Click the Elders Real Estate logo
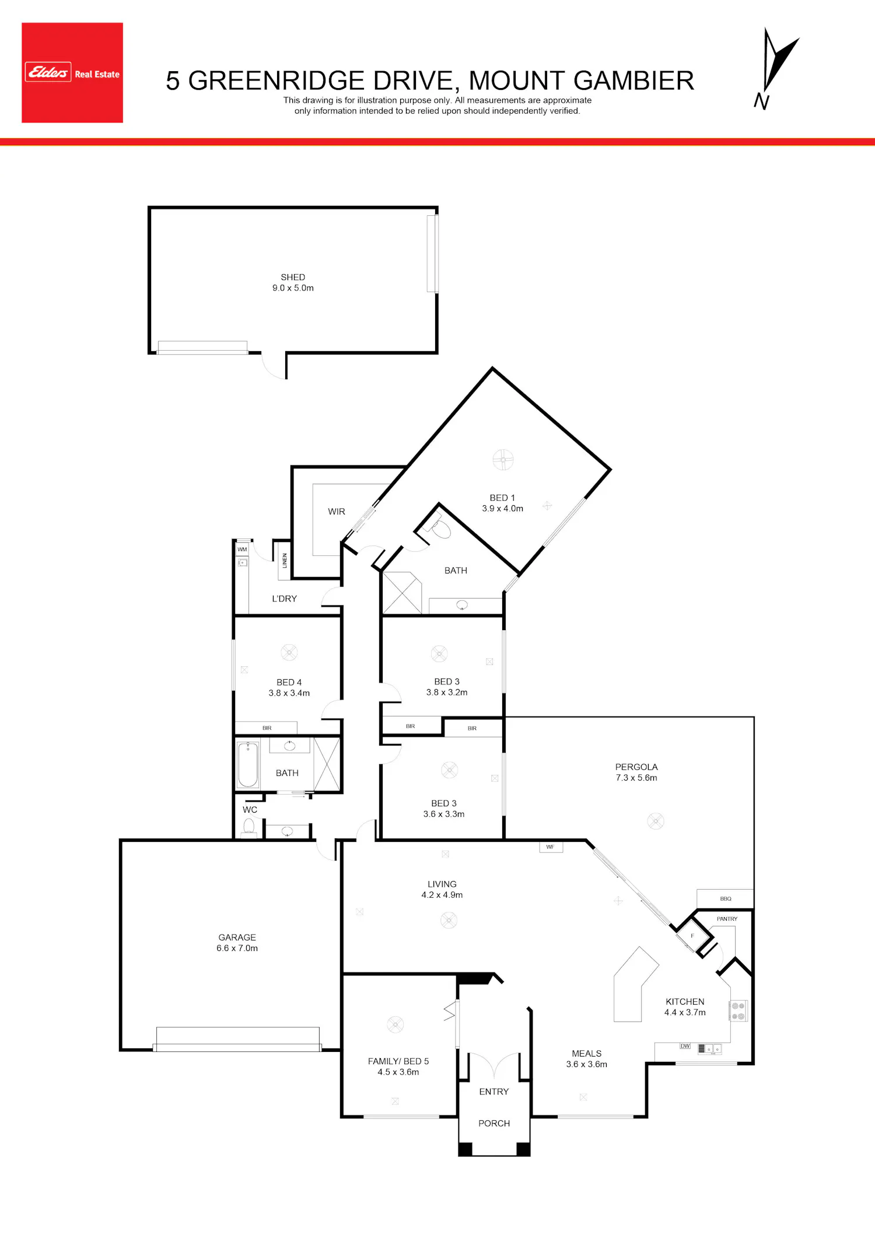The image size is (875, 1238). coord(72,73)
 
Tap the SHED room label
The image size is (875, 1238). coord(293,277)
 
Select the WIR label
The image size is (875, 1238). coord(337,512)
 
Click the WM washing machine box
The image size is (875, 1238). coord(242,550)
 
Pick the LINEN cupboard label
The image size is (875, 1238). coord(285,561)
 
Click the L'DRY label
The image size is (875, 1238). coord(285,599)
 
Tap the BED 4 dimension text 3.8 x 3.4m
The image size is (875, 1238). coord(289,693)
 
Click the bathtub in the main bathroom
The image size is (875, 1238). coord(249,764)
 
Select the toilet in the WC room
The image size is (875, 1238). coord(249,828)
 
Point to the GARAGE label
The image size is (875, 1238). coord(237,938)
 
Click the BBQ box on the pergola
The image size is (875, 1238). coord(726,898)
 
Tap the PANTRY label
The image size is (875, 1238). coord(727,919)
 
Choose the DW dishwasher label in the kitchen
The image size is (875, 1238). coord(685,1046)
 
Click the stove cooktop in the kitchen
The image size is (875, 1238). coord(738,1011)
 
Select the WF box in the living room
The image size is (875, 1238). coord(551,847)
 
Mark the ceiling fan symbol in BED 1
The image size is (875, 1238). coord(503,460)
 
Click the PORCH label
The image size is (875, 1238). coord(494,1124)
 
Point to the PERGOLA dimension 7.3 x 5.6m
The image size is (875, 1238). coord(636,778)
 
